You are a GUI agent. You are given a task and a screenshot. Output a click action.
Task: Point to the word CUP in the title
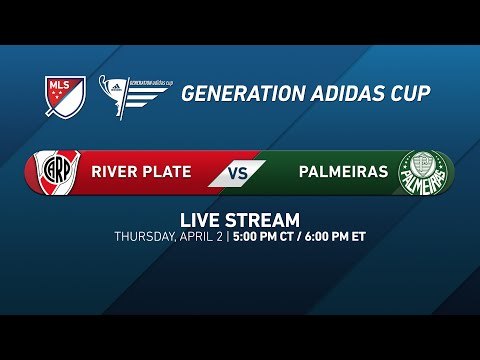410,94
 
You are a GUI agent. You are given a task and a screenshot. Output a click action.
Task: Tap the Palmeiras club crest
419,172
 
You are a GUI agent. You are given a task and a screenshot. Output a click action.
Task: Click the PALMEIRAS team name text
341,172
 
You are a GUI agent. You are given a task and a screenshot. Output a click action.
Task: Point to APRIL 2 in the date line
204,237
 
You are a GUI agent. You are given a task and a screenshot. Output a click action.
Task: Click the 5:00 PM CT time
265,237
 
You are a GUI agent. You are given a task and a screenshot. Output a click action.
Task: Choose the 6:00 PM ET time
336,237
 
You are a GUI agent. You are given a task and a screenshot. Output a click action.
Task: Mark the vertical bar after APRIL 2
228,237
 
